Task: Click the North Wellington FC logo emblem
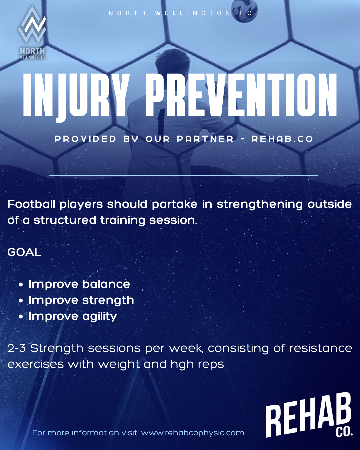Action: [32, 32]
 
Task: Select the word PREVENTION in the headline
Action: [241, 95]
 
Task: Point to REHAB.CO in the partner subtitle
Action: [282, 139]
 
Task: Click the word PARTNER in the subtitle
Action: [205, 139]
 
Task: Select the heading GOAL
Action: [24, 252]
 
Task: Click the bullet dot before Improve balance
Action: [21, 285]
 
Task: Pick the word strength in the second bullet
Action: [108, 301]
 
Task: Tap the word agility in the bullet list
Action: [100, 317]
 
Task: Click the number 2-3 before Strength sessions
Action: [17, 348]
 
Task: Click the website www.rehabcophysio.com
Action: [193, 433]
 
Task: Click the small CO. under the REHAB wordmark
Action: [344, 432]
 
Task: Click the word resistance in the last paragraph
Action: [321, 348]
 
